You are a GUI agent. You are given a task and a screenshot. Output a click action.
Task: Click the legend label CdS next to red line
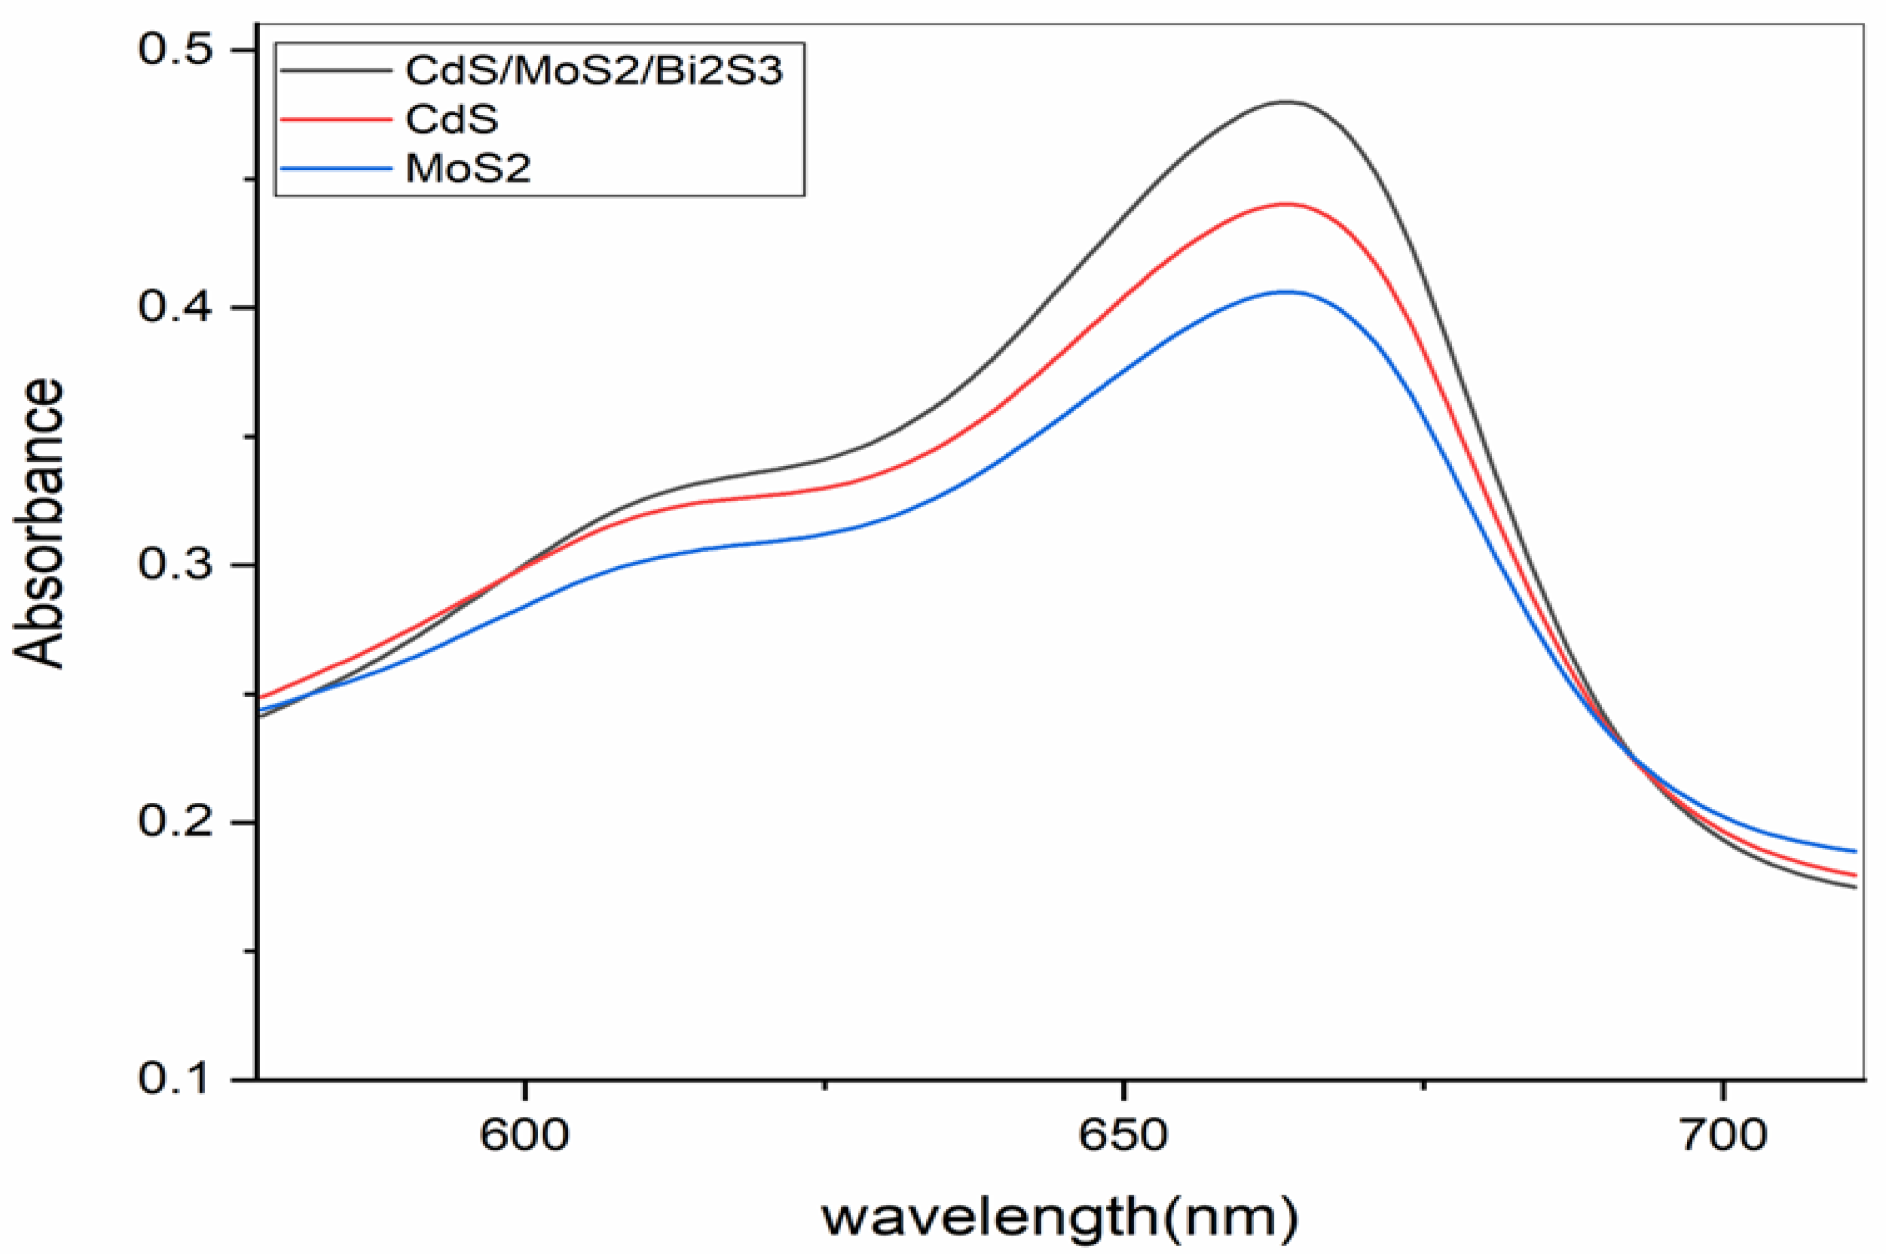tap(452, 120)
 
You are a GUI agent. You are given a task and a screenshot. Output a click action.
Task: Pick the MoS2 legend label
tap(468, 169)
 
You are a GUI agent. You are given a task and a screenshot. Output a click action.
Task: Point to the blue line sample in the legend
tap(336, 169)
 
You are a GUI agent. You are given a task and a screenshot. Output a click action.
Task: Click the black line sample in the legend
tap(336, 70)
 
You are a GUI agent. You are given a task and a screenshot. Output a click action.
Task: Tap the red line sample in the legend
tap(336, 120)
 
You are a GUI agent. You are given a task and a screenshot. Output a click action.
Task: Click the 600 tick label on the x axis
tap(525, 1135)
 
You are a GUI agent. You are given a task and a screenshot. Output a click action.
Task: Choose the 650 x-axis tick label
tap(1124, 1135)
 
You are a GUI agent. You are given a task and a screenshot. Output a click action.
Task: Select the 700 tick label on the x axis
tap(1721, 1135)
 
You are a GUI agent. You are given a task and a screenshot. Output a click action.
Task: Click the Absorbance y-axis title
tap(38, 524)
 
